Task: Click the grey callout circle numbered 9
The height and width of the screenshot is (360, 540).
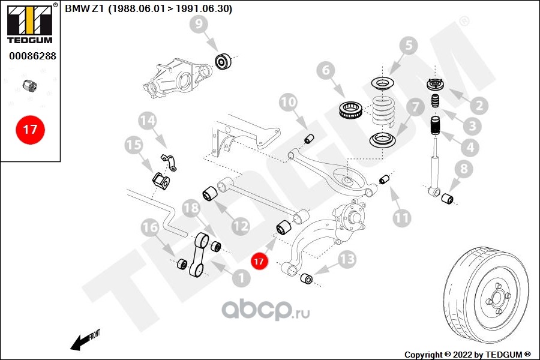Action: coord(200,25)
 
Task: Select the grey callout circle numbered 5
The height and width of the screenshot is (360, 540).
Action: coord(407,45)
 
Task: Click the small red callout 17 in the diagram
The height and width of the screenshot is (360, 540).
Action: coord(259,262)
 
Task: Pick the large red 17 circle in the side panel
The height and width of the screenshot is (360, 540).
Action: coord(30,129)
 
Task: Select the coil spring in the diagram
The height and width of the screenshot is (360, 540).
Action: coord(385,112)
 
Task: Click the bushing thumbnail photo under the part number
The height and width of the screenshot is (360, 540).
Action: coord(30,85)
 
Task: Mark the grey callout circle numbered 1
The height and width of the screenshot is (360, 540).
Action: coord(242,277)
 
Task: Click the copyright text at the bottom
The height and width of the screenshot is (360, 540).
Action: coord(467,354)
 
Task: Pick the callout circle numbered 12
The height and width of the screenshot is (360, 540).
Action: coord(241,226)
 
